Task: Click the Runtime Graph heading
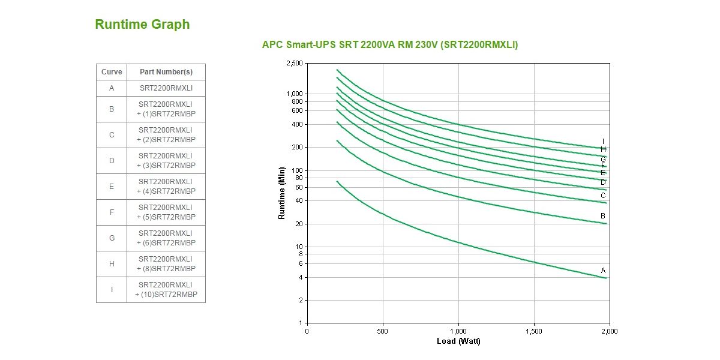coord(142,25)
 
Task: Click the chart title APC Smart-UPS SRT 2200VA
coord(390,44)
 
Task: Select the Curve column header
coord(112,72)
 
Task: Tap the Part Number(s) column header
coord(166,72)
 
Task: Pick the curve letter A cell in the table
coord(112,88)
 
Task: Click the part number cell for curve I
coord(166,290)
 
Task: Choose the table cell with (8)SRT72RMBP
coord(166,264)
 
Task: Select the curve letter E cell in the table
coord(112,187)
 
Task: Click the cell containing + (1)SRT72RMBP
coord(166,109)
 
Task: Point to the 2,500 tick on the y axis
coord(295,63)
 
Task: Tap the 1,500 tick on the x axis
coord(533,331)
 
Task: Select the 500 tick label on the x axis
coord(382,331)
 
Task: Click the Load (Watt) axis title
coord(458,341)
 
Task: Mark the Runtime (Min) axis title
coord(282,193)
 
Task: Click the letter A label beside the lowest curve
coord(604,271)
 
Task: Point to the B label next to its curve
coord(603,215)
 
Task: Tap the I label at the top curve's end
coord(604,142)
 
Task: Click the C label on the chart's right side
coord(603,196)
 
